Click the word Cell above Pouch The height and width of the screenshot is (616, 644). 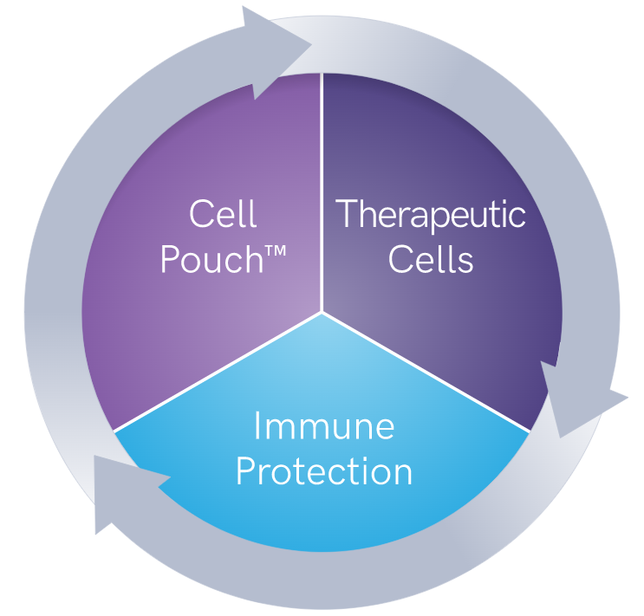coord(223,213)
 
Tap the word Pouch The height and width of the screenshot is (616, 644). coord(212,259)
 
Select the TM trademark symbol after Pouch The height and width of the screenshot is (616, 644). coord(276,251)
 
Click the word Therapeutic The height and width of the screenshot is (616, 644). coord(431,216)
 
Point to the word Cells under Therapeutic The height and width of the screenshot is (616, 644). coord(431,259)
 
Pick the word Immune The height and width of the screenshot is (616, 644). coord(324,425)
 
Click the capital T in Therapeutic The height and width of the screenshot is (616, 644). coord(348,213)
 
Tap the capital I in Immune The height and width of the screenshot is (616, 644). coord(257,425)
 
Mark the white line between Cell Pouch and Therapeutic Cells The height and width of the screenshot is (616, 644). coord(322,192)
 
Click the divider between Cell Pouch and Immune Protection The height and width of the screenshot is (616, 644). coord(218,372)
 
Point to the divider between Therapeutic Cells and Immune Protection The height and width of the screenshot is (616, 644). coord(426,372)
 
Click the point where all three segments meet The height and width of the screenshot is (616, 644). coord(322,312)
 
